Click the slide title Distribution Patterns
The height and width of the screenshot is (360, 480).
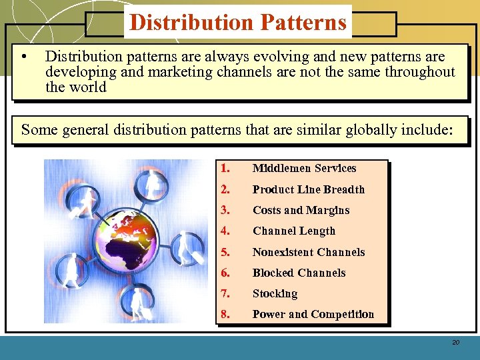[x=238, y=22]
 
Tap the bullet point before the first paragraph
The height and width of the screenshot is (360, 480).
[x=23, y=57]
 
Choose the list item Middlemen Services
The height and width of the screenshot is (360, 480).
[x=304, y=169]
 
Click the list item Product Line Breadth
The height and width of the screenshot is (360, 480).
[x=308, y=189]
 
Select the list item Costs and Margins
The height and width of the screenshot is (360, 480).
[x=301, y=210]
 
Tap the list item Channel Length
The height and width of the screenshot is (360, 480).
[x=293, y=231]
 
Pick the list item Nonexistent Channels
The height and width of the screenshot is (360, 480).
[x=308, y=252]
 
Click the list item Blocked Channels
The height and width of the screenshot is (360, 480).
[x=299, y=273]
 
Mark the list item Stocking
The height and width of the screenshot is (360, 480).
[x=275, y=293]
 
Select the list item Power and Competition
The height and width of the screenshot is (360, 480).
[x=313, y=314]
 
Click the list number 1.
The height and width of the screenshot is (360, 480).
[x=225, y=169]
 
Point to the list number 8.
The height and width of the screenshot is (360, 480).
[x=225, y=314]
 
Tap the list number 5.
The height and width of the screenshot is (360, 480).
[x=225, y=252]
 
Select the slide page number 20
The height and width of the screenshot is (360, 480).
[x=456, y=342]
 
